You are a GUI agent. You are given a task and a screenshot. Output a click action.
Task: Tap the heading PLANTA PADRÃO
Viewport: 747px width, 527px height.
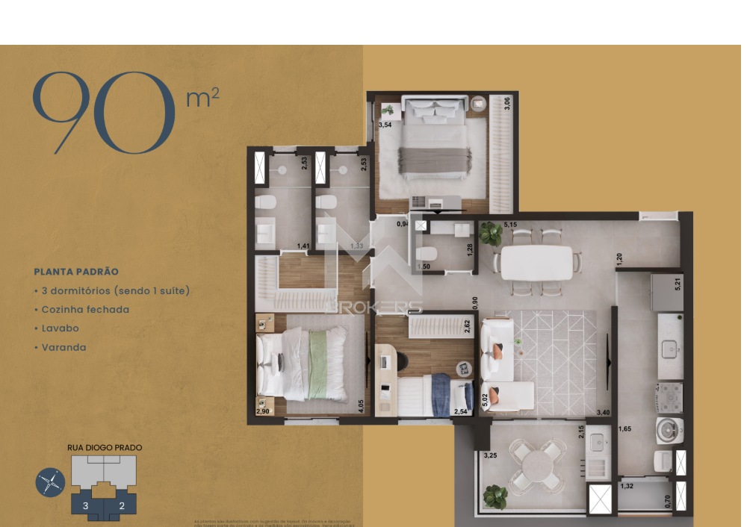(x=76, y=272)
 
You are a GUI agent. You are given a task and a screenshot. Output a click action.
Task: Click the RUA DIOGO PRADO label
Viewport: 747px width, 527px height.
(x=105, y=448)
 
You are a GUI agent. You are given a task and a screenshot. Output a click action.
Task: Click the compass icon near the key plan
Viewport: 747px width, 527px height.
(x=50, y=483)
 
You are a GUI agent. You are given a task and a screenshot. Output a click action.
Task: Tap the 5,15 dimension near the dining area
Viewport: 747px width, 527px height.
(x=510, y=224)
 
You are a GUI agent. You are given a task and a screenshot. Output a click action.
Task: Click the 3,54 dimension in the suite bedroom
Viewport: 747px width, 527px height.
(x=385, y=125)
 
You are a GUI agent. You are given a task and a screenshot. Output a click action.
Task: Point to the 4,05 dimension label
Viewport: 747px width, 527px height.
(x=361, y=407)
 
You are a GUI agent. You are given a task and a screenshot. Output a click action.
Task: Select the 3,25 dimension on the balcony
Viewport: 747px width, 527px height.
(x=490, y=455)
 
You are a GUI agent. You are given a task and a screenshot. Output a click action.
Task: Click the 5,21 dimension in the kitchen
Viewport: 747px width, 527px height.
(x=677, y=284)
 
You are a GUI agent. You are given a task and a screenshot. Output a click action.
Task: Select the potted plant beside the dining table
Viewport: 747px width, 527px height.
(x=491, y=234)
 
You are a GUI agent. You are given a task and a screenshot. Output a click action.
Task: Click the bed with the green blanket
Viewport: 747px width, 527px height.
(x=303, y=364)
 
